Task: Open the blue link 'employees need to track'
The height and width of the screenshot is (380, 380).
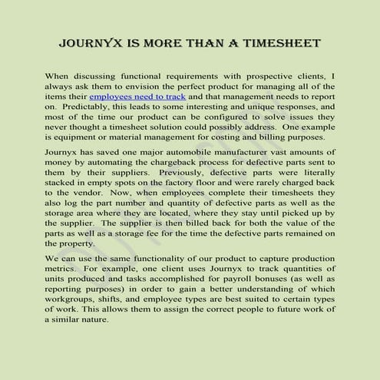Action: (x=137, y=97)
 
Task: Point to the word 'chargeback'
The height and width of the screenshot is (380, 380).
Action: (x=183, y=164)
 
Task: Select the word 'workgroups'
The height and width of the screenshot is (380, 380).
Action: (x=72, y=303)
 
